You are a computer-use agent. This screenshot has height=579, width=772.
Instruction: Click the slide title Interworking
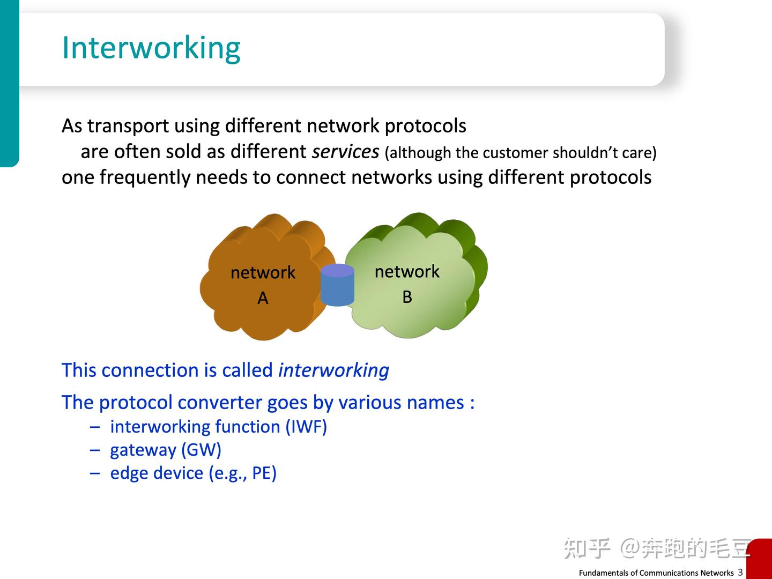tap(151, 48)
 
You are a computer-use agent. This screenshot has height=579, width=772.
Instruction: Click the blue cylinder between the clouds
tap(337, 285)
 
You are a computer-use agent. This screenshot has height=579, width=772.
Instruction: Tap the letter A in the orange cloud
tap(263, 298)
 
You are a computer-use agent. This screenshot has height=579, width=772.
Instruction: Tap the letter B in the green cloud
tap(407, 297)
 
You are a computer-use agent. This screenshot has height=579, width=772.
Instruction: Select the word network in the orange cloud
tap(263, 272)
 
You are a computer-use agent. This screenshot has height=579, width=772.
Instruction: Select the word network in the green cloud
tap(407, 271)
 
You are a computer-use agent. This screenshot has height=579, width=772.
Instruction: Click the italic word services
tap(345, 152)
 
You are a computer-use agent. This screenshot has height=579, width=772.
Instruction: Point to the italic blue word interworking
tap(333, 370)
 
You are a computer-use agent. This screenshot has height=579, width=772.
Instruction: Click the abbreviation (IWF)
tap(306, 427)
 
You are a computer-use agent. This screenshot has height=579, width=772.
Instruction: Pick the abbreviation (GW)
tap(201, 450)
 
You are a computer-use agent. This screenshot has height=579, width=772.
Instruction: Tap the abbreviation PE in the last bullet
tap(261, 473)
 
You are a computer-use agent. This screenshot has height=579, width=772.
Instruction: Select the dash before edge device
tap(94, 473)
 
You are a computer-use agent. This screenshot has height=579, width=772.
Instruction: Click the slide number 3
tap(740, 571)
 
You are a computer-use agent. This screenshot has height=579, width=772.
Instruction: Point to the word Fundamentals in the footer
tap(602, 573)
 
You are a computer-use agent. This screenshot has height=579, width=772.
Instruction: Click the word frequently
tap(145, 177)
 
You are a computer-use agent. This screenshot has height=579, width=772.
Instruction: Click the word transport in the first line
tap(128, 126)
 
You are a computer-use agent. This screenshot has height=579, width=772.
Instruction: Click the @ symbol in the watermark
tap(629, 548)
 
